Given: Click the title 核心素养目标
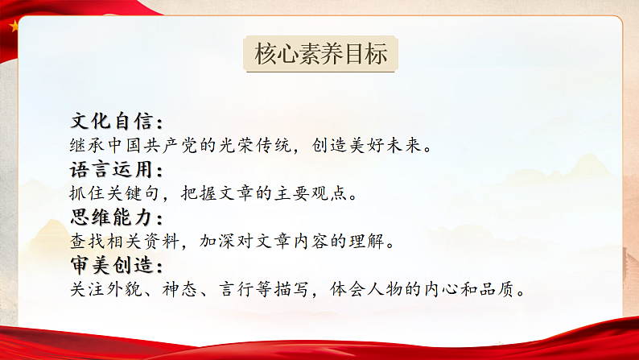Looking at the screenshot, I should coord(320,55).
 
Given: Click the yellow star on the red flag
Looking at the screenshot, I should coord(14,25).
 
